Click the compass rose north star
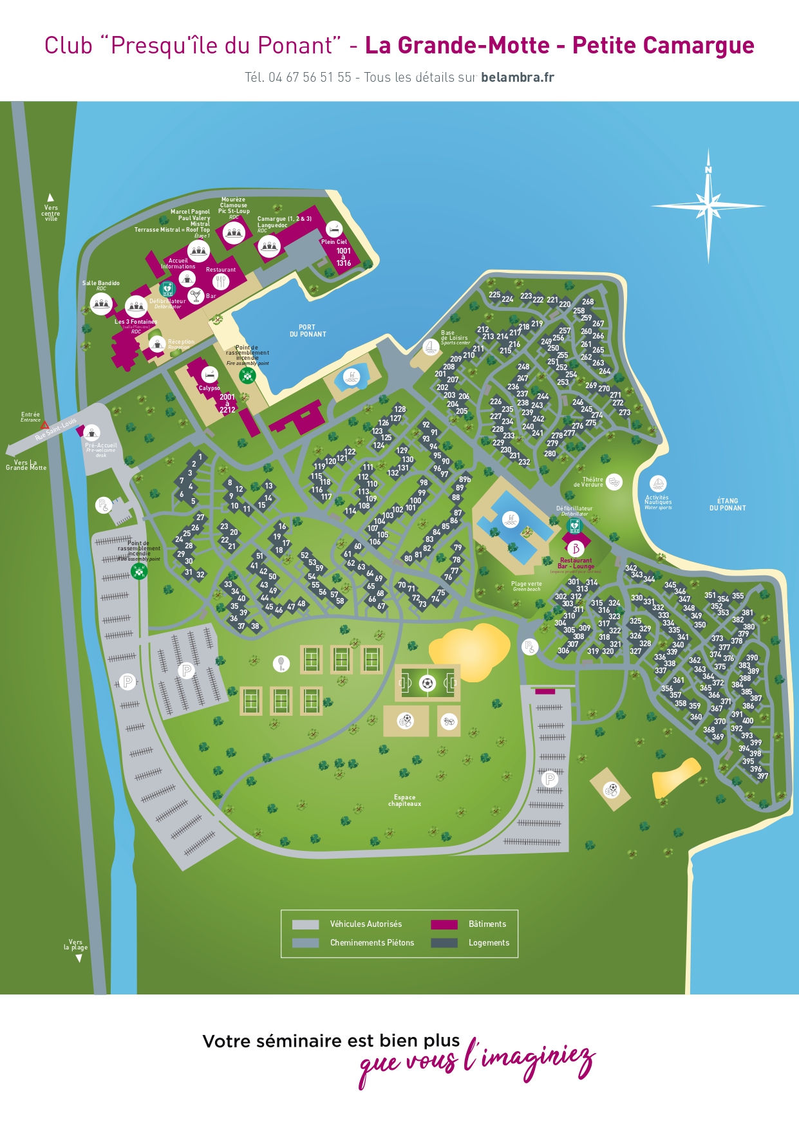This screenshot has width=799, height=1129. click(708, 206)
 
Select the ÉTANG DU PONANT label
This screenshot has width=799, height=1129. click(728, 505)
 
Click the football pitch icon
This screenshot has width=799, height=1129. click(428, 683)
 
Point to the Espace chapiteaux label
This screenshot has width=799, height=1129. click(404, 801)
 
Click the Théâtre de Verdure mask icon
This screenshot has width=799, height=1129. click(614, 481)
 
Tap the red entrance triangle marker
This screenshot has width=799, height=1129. click(45, 425)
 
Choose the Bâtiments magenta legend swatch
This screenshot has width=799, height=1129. click(444, 924)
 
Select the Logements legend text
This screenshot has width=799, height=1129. click(489, 943)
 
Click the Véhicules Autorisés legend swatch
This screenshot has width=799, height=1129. click(305, 924)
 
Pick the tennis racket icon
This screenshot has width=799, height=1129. click(281, 663)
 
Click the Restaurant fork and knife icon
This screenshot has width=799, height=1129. click(221, 281)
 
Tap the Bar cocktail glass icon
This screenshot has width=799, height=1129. click(196, 296)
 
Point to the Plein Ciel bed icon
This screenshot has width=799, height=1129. click(334, 229)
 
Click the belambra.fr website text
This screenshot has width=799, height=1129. click(517, 77)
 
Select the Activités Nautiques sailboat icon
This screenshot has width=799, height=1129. click(657, 483)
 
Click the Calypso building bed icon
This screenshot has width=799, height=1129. click(209, 375)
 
